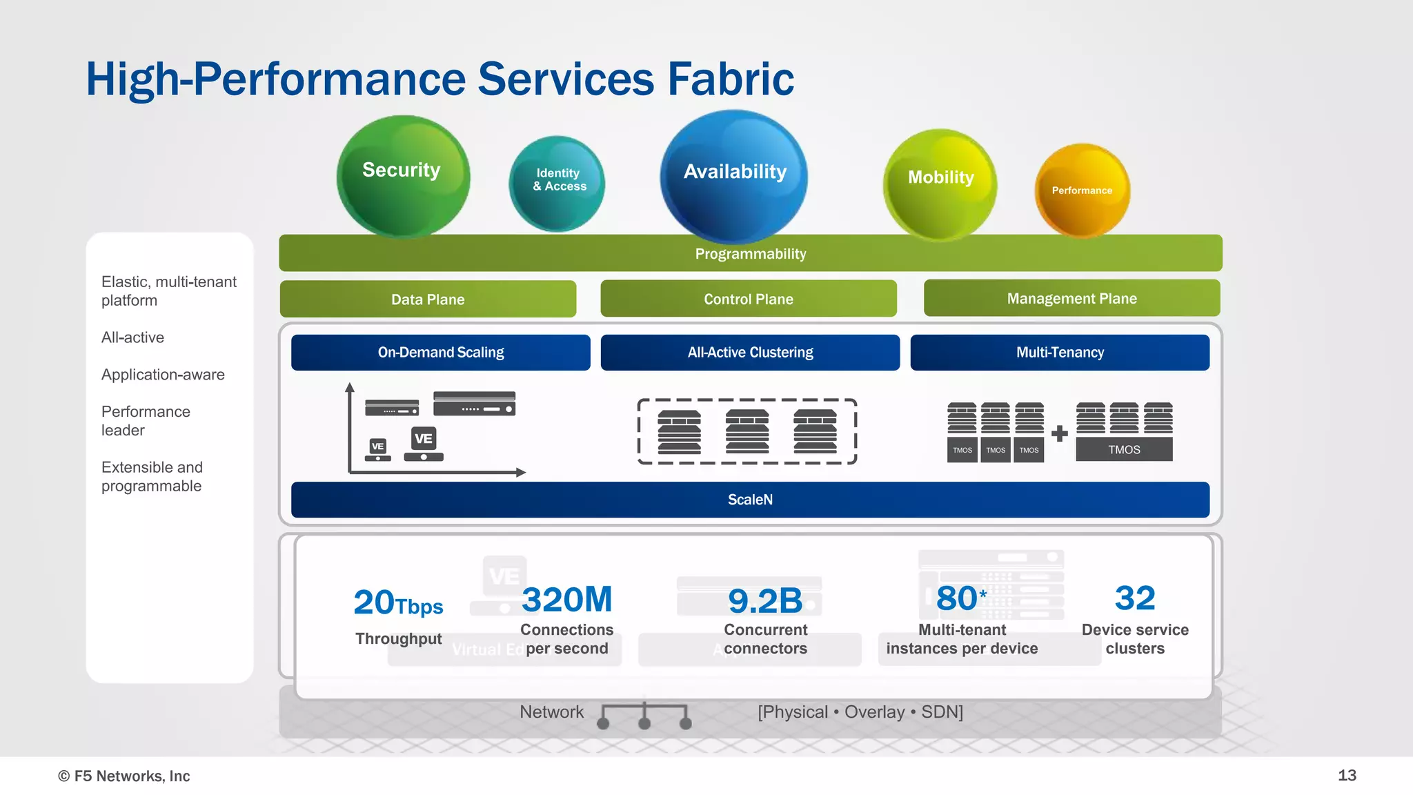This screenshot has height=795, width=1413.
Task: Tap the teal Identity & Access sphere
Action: tap(557, 184)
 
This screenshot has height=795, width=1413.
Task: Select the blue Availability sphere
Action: tap(734, 176)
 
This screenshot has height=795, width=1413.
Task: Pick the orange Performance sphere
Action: tap(1082, 190)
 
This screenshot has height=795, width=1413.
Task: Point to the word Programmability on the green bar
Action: tap(751, 254)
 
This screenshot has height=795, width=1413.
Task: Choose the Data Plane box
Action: tap(428, 300)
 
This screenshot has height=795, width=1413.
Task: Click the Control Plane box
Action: tap(749, 299)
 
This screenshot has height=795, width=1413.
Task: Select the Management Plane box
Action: tap(1071, 298)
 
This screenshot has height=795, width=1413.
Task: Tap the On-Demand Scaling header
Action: tap(441, 353)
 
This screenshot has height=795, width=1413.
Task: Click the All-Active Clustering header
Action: tap(750, 353)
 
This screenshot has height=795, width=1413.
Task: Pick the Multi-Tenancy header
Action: tap(1060, 353)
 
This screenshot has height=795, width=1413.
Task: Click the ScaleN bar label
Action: tap(750, 500)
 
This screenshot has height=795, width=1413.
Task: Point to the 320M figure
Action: tap(566, 599)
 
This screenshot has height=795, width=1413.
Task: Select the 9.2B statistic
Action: tap(765, 600)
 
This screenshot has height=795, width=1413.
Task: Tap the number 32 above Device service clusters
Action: tap(1135, 598)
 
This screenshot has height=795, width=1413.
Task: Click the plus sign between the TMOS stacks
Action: tap(1060, 433)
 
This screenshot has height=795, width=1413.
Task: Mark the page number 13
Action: tap(1347, 775)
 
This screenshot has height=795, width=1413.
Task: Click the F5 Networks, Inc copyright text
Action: tap(124, 776)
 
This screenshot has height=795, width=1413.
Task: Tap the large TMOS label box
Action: tap(1124, 450)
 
